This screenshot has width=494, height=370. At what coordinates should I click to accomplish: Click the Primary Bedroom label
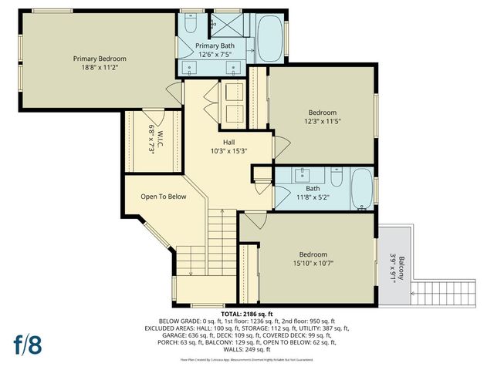tap(100, 59)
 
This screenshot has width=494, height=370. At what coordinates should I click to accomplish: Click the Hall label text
tap(228, 142)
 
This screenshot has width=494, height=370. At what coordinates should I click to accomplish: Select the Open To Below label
tap(164, 197)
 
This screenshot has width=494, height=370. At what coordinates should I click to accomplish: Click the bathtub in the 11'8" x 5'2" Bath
tap(361, 187)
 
